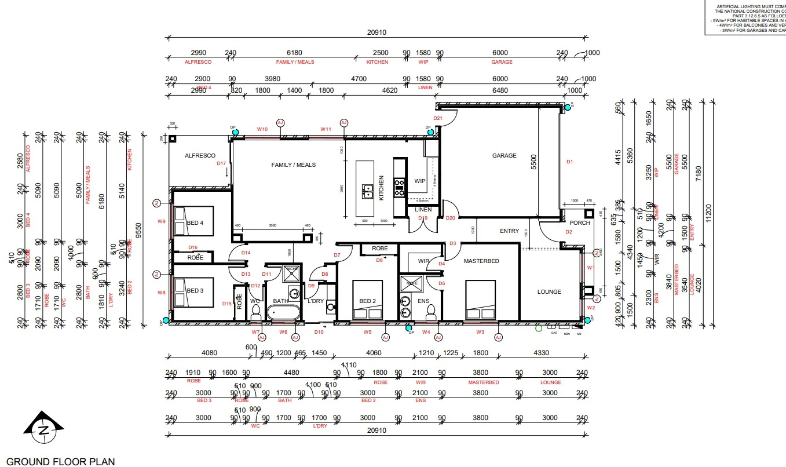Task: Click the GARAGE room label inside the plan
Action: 504,156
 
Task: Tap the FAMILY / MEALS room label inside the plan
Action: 294,165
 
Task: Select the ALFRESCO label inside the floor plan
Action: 200,156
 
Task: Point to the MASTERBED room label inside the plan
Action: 481,261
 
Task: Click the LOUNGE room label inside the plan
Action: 549,292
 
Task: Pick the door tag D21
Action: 438,119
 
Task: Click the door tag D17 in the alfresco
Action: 221,163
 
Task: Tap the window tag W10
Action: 262,129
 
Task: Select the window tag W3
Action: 480,332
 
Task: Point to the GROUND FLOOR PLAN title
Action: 61,462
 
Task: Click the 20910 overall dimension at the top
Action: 376,33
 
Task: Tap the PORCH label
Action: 579,223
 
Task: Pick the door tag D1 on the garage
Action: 569,162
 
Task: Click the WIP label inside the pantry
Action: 420,181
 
